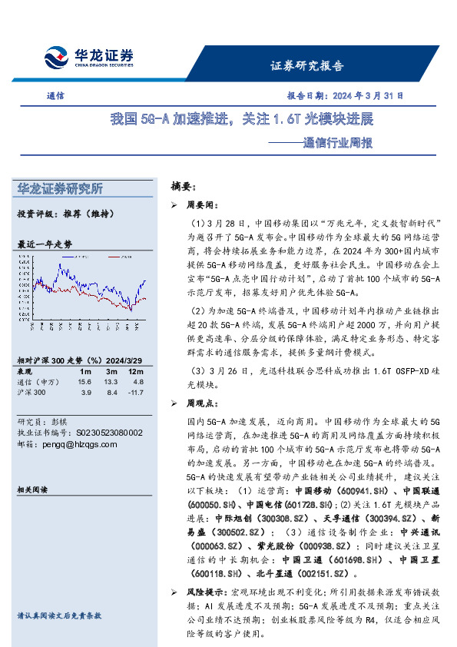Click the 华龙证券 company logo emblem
(x=56, y=58)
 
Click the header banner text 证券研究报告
(x=307, y=65)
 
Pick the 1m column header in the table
(x=85, y=371)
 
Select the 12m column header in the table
(x=137, y=371)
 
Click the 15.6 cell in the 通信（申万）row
(x=84, y=382)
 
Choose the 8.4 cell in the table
(x=111, y=393)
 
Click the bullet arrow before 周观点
(x=173, y=403)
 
